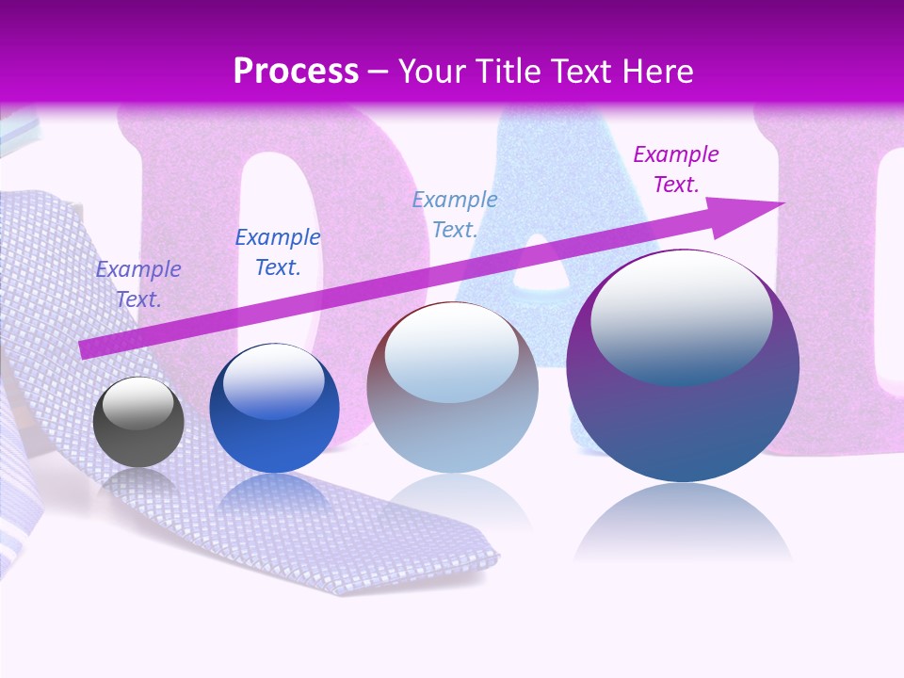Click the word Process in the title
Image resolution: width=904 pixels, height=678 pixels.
296,71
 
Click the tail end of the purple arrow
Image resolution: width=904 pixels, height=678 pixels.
83,349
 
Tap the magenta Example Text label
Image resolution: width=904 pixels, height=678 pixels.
676,169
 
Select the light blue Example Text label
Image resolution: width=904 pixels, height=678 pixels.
455,214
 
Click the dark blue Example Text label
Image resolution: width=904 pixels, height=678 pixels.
278,252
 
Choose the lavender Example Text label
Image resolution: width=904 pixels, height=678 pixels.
138,283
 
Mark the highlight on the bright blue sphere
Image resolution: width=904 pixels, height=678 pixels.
273,381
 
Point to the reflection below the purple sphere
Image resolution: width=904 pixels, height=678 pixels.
683,523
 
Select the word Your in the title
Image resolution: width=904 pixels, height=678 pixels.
431,71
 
